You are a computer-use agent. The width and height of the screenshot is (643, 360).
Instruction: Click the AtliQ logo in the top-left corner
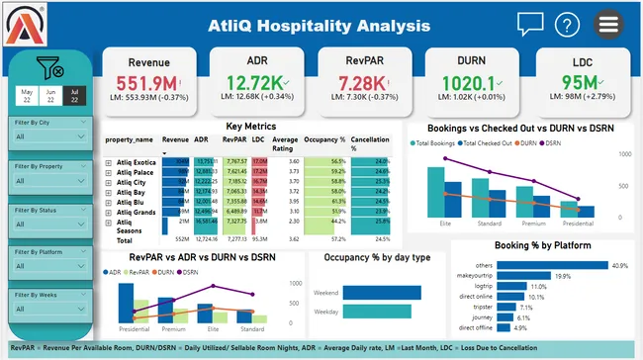coord(26,23)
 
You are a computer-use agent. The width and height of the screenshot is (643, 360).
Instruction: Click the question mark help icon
coord(567,25)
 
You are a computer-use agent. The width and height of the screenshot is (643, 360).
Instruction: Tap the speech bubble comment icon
coord(530,24)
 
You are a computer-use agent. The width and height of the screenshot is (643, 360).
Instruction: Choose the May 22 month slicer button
coord(27,95)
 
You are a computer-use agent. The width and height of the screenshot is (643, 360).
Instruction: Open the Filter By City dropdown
coord(49,139)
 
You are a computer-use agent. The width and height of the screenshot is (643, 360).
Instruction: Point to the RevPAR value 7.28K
coord(365,83)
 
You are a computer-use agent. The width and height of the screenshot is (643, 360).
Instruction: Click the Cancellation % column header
coord(369,144)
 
